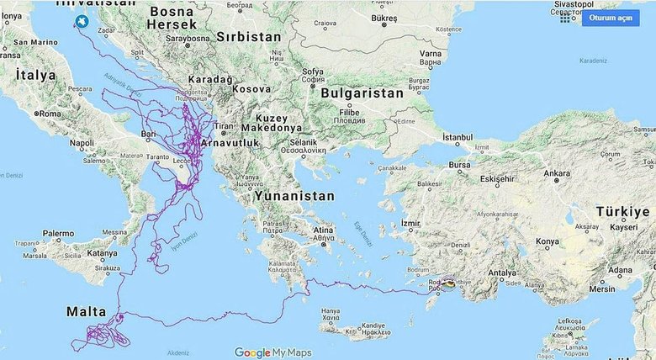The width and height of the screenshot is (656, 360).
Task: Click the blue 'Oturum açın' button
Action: (610, 18)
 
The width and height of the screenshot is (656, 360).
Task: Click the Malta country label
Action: (87, 312)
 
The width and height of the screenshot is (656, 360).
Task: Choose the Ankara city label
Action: (557, 174)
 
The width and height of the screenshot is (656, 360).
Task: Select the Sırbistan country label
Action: (250, 37)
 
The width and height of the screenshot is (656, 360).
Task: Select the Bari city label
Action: (149, 134)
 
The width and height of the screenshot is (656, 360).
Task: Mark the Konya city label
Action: (547, 242)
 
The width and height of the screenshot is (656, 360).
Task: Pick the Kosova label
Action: (251, 87)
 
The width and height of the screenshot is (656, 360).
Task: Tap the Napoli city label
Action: (82, 143)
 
